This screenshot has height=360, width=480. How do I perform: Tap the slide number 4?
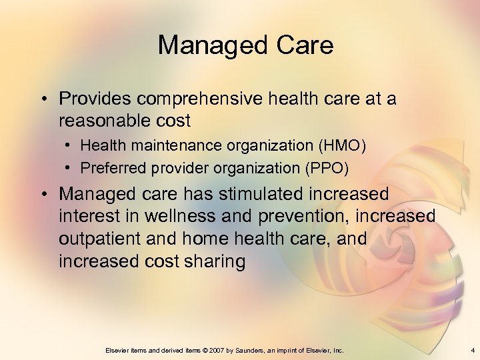[x=472, y=350]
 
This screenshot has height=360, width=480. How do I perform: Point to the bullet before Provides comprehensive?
[x=43, y=99]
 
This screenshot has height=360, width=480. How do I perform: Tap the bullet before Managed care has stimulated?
[x=43, y=194]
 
